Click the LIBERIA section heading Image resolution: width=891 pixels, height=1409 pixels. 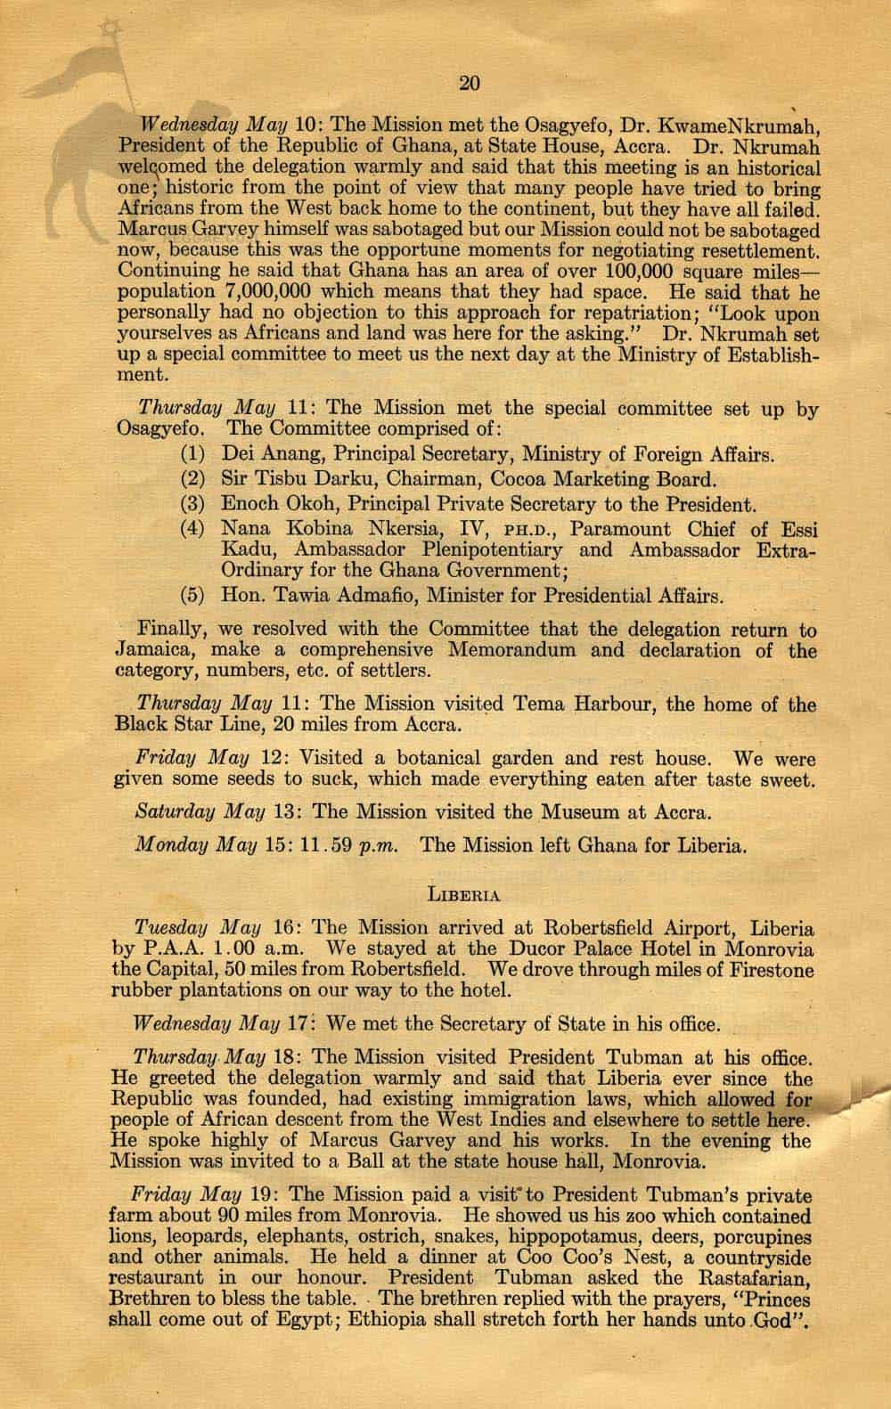click(x=464, y=892)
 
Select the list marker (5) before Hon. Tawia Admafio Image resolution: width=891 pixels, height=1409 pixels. click(x=193, y=595)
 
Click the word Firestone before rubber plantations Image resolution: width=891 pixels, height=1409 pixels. click(x=765, y=969)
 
